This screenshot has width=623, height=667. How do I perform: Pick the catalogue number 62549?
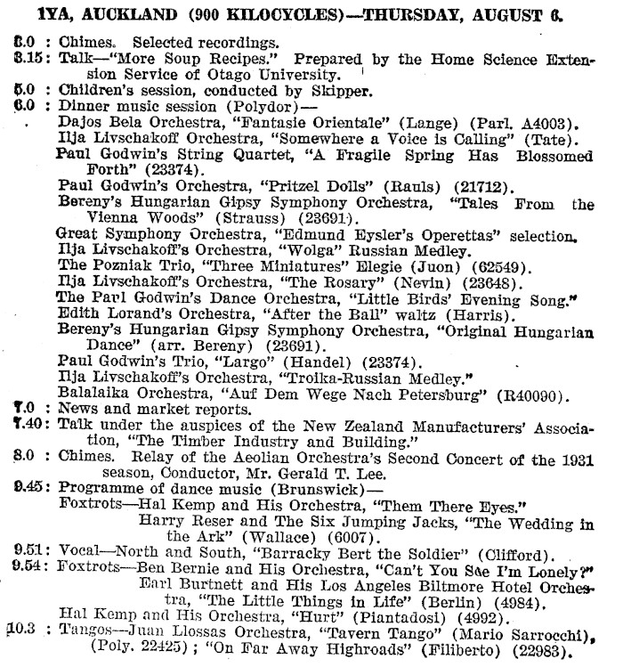pyautogui.click(x=502, y=266)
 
